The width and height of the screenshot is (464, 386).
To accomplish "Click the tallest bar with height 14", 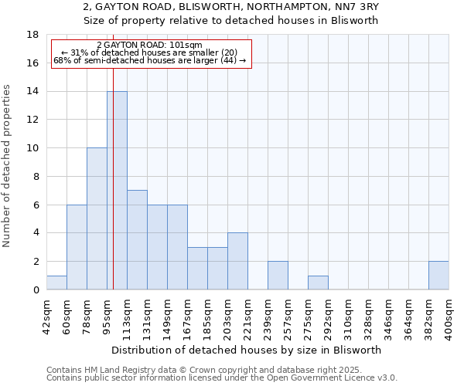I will [117, 191].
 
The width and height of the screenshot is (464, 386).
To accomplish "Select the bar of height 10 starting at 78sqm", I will [97, 218].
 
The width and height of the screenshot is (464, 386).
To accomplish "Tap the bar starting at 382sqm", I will [438, 276].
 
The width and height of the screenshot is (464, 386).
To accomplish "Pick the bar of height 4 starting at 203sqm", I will [237, 261].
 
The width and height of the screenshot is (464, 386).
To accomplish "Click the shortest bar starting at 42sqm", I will [56, 283].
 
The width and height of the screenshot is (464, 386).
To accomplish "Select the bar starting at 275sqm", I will [318, 283].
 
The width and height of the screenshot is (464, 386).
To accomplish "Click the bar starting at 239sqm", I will [278, 276].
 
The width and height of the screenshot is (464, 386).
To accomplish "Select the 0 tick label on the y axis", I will [36, 290].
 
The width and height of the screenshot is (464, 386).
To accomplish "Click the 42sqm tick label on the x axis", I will [46, 317].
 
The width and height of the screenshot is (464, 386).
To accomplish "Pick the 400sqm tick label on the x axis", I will [449, 317].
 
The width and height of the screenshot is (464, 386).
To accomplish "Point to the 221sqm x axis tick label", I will [247, 317].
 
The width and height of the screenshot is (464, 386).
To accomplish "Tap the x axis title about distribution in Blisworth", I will [247, 350].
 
